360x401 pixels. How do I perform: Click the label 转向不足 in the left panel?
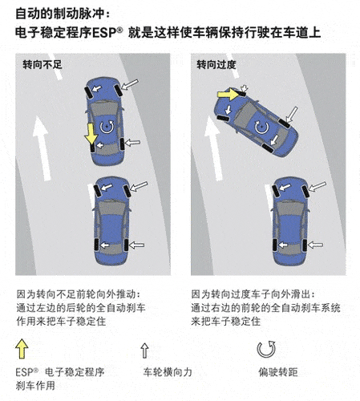tap(42, 65)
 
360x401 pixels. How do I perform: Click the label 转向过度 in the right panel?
tap(216, 65)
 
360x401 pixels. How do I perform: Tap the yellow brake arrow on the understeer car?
tap(91, 134)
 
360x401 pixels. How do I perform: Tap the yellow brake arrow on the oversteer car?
tap(228, 94)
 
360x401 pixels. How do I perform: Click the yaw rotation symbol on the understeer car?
tap(107, 127)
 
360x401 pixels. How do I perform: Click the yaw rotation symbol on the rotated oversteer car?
tap(261, 127)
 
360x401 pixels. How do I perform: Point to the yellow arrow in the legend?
tap(22, 349)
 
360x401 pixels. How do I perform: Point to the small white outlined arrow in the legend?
tap(144, 350)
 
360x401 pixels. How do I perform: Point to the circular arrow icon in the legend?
tap(266, 349)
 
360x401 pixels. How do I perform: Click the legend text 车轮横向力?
tap(168, 372)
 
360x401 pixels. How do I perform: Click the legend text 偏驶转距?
tap(278, 372)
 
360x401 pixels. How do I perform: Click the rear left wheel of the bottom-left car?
tap(96, 245)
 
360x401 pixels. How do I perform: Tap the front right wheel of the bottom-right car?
tap(305, 192)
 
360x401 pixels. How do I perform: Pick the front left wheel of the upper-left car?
tap(88, 92)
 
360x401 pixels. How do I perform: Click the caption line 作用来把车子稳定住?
tap(61, 321)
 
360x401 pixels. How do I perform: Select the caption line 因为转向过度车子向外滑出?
tap(253, 294)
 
